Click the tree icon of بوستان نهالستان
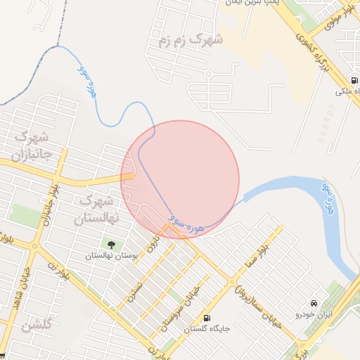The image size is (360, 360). (x=110, y=245)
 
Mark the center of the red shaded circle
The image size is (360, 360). (x=180, y=180)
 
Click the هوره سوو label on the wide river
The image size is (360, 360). (x=327, y=198)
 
